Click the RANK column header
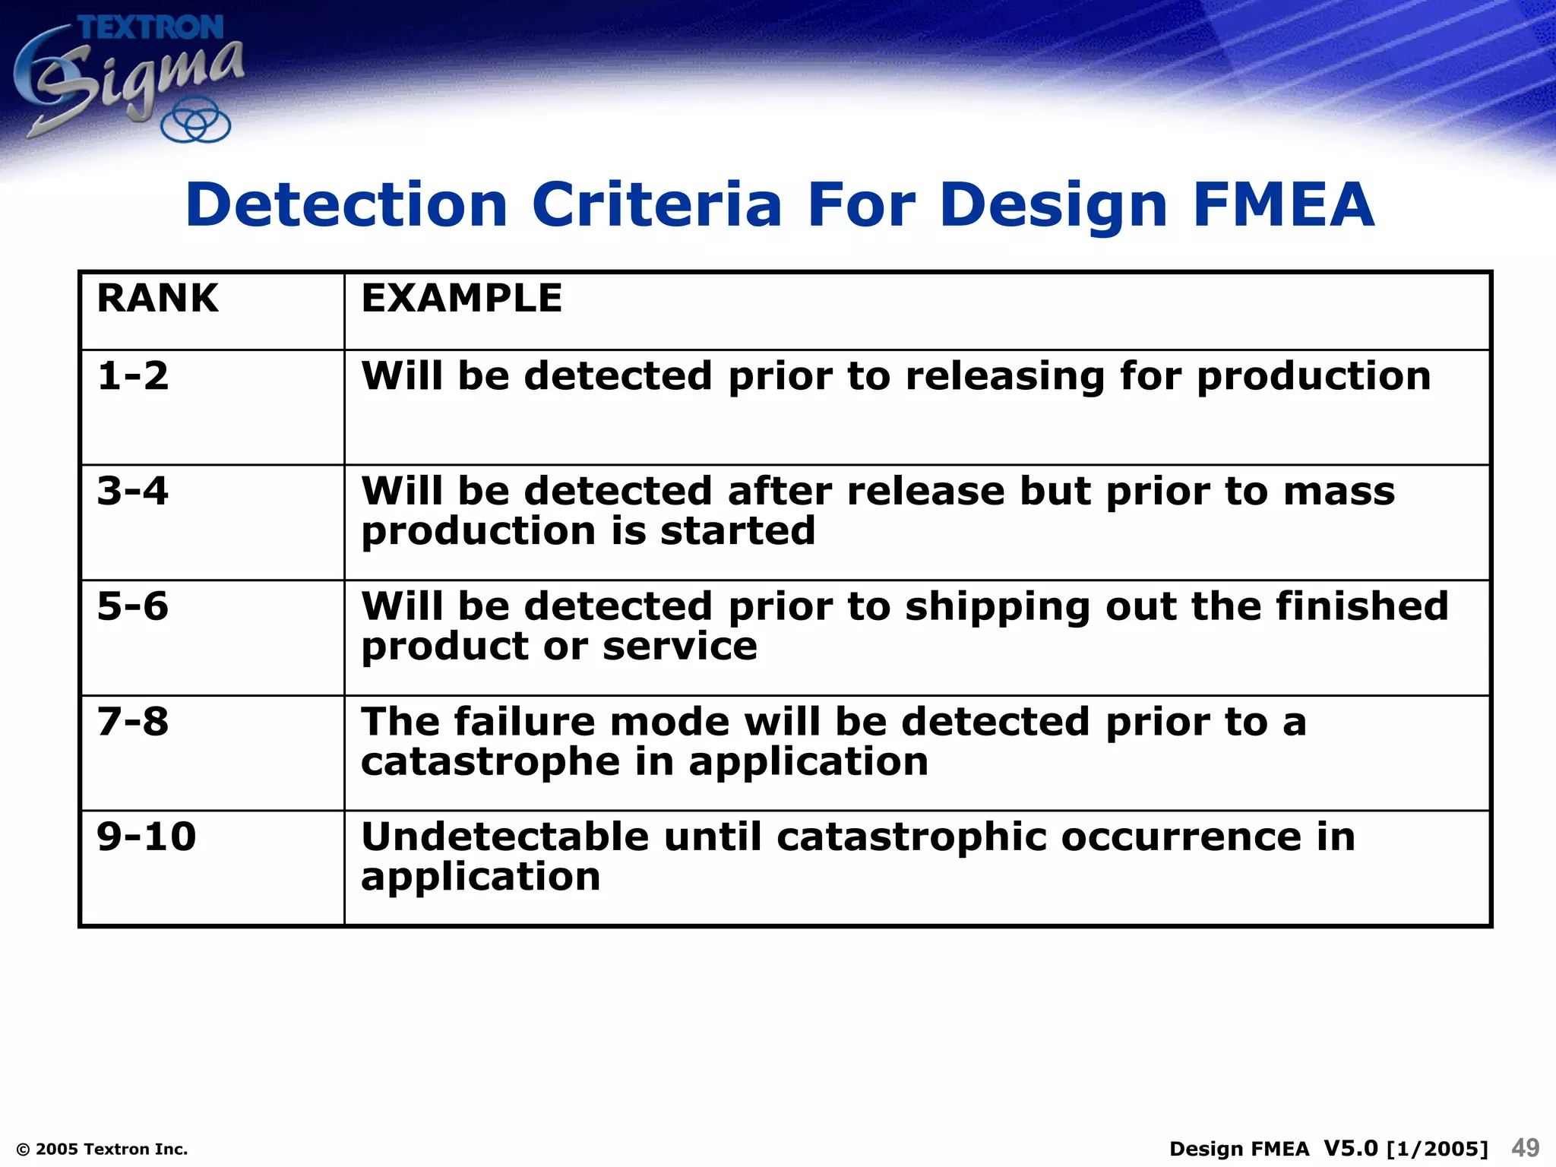(x=157, y=298)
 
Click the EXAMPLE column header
(x=461, y=298)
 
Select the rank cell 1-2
(x=133, y=376)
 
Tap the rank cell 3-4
(x=133, y=491)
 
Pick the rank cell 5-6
(x=133, y=606)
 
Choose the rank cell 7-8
(x=133, y=722)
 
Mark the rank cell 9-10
(x=147, y=837)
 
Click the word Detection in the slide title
(x=346, y=205)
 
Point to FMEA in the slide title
(x=1283, y=205)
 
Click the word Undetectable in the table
(x=504, y=837)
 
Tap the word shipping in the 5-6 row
(x=998, y=607)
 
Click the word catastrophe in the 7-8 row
(x=490, y=761)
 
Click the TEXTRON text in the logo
(x=151, y=28)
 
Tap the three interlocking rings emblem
(x=196, y=121)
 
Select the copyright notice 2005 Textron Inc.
(x=102, y=1150)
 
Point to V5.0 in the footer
(x=1350, y=1148)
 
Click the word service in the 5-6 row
(x=679, y=647)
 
